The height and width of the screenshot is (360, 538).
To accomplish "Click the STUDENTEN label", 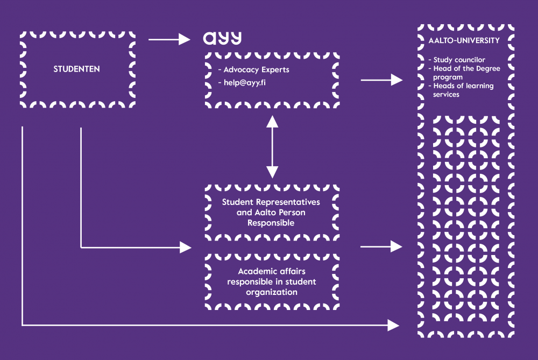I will (x=77, y=69).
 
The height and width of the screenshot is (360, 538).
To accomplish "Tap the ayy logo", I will (x=222, y=38).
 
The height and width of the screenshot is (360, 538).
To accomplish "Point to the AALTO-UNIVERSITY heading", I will (x=464, y=41).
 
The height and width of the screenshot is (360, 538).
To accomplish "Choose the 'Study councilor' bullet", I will (x=459, y=60).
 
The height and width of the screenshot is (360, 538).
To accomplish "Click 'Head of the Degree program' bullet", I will (x=466, y=73).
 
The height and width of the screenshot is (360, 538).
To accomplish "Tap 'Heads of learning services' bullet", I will (x=463, y=90).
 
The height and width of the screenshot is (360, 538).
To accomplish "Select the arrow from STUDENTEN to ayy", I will (x=169, y=39).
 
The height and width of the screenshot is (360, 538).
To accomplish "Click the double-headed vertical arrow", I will (x=272, y=146).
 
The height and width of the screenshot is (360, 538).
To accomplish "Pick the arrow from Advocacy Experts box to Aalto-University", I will (x=381, y=80).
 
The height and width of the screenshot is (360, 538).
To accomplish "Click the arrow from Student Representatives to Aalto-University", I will (x=381, y=247).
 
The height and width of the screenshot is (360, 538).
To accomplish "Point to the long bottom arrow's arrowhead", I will (x=393, y=325).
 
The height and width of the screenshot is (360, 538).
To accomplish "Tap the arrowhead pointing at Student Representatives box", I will (x=185, y=248).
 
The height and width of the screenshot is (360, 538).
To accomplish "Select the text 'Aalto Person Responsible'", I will (x=271, y=217).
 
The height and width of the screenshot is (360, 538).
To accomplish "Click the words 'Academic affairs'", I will (x=271, y=272).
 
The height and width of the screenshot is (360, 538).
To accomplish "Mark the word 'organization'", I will (x=271, y=292).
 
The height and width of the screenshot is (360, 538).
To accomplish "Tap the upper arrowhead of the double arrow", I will (x=272, y=121).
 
